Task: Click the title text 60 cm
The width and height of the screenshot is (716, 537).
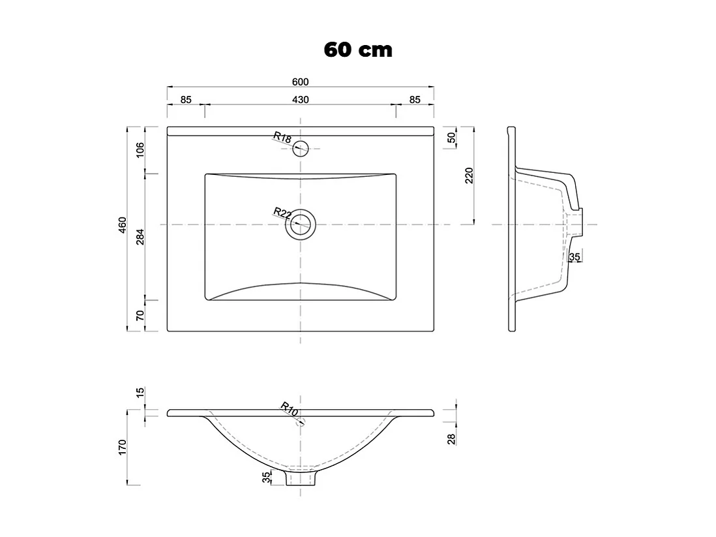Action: pos(358,50)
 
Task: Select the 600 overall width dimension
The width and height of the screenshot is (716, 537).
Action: pos(300,82)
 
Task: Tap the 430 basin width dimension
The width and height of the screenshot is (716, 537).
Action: pos(300,100)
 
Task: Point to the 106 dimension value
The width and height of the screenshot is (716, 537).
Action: pos(140,149)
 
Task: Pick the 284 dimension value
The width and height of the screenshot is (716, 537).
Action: pos(140,237)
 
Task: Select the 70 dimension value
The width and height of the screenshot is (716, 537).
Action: pos(140,316)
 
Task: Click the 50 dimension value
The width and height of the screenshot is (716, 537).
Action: pos(451,138)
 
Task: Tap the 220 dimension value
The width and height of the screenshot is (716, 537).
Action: pos(470,176)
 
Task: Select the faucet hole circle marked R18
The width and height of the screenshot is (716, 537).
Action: pos(300,148)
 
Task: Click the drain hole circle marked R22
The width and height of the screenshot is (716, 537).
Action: pos(300,224)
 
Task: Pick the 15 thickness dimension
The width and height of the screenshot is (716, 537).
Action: pos(140,394)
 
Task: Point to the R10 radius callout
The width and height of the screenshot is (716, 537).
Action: pos(290,409)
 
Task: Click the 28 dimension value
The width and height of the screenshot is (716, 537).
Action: pos(451,437)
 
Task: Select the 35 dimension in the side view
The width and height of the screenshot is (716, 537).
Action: pos(574,257)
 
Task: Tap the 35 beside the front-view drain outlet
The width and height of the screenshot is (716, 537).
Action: pos(265,478)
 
